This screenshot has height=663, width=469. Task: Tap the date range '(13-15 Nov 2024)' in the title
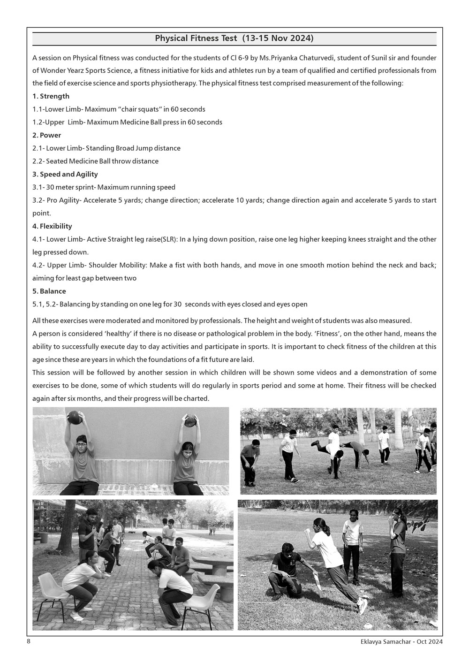(x=278, y=38)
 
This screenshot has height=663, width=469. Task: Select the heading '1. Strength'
(x=51, y=96)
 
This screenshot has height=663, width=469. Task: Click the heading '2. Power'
(x=47, y=135)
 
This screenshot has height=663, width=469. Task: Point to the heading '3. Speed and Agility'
(x=65, y=174)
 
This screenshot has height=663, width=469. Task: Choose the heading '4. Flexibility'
(x=52, y=226)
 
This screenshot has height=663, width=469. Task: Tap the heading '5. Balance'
(x=49, y=291)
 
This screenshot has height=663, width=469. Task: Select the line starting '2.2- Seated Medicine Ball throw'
(x=95, y=161)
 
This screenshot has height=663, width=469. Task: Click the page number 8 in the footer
(x=29, y=641)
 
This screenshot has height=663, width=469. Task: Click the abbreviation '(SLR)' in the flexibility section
(x=168, y=239)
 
